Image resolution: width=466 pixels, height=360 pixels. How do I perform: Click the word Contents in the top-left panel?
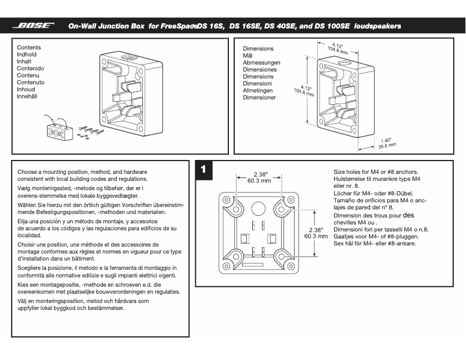click(x=29, y=48)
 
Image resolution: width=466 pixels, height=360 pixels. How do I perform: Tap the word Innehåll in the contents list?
click(x=27, y=97)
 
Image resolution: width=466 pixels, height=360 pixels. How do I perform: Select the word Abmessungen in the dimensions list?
click(x=261, y=63)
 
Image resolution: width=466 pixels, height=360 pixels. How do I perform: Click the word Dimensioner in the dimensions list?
click(x=259, y=98)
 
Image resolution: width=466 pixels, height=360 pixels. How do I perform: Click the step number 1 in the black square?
click(x=202, y=169)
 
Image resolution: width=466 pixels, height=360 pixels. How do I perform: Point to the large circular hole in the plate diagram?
click(x=259, y=208)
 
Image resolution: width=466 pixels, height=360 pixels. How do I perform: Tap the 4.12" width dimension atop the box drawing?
click(x=338, y=47)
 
